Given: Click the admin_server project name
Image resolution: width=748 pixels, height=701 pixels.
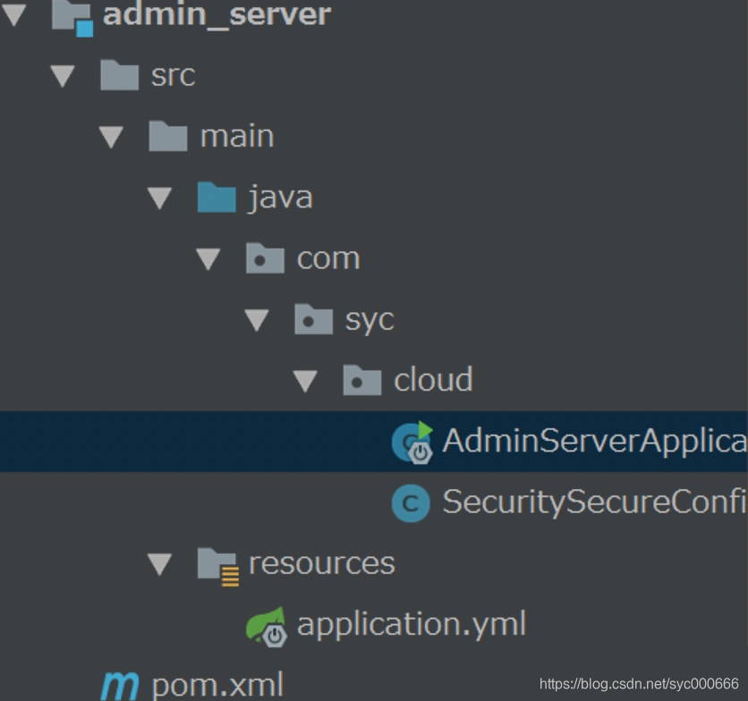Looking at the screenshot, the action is [217, 15].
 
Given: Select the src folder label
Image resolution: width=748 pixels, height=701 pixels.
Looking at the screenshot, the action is [173, 75].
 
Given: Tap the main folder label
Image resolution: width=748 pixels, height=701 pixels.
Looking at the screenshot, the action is [237, 137].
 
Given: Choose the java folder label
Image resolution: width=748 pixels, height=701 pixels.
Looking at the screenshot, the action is [280, 197].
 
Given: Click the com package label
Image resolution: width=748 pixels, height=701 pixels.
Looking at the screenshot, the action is [328, 258].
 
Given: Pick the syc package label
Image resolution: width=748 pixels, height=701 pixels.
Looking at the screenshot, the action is [370, 320].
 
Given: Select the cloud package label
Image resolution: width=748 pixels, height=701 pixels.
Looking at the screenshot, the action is [433, 380].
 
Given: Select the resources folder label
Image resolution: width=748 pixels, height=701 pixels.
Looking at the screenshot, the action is [321, 563].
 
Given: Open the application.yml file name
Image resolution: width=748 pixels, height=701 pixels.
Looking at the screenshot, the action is [412, 624].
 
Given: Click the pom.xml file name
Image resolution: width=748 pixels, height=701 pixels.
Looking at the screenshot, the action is [217, 685].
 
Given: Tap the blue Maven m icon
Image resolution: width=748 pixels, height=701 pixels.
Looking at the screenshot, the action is [120, 686].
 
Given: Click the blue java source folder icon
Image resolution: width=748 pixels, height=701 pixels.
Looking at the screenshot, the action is [217, 197].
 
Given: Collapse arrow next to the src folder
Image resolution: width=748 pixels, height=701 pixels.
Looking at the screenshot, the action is [63, 76].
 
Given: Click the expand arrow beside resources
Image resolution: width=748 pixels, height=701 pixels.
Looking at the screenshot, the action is [160, 564].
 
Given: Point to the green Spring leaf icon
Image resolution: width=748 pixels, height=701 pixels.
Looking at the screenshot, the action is [267, 625].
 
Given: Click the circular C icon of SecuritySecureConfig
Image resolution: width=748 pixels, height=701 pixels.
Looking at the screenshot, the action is [411, 503].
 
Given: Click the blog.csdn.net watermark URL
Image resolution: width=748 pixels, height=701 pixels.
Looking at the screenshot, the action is [639, 684].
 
